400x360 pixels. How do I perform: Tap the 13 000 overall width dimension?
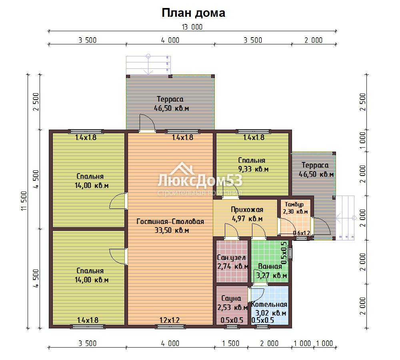coord(192,27)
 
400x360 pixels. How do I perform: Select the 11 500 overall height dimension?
coord(24,201)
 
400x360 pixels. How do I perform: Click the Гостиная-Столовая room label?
coord(170,221)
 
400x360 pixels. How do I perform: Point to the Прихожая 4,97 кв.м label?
coord(247,214)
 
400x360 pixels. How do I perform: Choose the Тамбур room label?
coord(294,205)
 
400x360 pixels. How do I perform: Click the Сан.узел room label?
coord(231,258)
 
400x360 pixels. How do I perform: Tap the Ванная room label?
coord(270,266)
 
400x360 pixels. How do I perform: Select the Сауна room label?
coord(231,298)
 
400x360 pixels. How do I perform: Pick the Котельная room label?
coord(269,304)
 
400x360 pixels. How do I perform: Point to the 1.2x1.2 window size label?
coord(170,320)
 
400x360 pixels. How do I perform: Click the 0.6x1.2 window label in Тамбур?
coord(302,233)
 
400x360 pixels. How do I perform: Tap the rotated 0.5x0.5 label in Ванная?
coord(284,253)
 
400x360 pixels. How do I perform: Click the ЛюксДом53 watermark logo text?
coord(200,180)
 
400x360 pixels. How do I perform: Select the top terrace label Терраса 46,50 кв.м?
coord(171,104)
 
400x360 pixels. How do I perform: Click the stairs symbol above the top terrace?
coord(148,65)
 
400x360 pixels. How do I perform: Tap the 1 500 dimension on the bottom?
coord(231,344)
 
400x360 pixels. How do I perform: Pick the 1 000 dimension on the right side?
coord(362,141)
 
